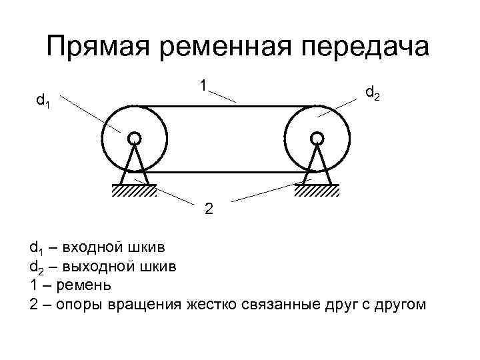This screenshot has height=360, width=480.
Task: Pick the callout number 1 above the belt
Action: click(x=202, y=85)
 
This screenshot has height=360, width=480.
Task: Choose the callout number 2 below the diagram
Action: click(x=209, y=209)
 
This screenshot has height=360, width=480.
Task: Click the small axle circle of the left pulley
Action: click(x=134, y=138)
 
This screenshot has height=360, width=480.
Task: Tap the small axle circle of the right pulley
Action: click(x=317, y=138)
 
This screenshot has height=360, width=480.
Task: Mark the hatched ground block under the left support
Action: click(x=134, y=191)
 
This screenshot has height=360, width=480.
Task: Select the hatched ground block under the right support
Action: click(x=317, y=191)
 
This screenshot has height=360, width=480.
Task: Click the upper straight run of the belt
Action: click(x=225, y=106)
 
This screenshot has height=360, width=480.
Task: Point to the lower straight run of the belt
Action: click(x=225, y=172)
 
